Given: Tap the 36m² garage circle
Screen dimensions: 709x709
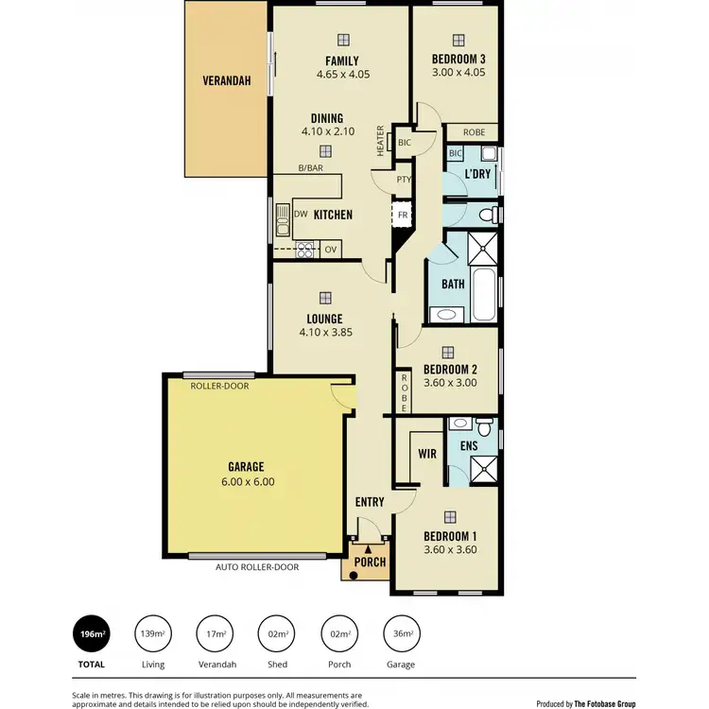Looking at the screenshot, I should [400, 634].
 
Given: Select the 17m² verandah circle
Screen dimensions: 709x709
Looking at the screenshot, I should [216, 634].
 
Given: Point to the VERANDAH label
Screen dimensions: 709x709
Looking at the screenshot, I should [227, 81].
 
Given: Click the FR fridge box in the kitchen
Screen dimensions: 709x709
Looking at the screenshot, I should [402, 215].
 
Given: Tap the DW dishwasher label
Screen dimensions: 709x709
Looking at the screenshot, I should [300, 215].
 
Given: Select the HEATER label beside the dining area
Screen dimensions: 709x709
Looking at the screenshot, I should [381, 141].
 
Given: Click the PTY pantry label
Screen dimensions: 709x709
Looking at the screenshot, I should [404, 179].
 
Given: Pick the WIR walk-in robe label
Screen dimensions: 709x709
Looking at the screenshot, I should [427, 454].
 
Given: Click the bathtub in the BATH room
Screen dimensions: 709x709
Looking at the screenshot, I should [484, 293].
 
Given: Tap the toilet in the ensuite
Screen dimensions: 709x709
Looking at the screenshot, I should [484, 423].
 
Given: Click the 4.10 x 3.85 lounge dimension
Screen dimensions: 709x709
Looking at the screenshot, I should [324, 333].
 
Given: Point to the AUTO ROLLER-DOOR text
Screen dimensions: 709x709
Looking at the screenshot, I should [257, 567].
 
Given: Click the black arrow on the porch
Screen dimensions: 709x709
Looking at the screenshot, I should [368, 547].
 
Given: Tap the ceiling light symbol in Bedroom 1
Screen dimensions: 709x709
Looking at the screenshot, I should [450, 516].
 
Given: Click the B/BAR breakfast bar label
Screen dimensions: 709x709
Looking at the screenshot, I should [310, 167].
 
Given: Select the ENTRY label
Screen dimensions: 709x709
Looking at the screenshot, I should [369, 502].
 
